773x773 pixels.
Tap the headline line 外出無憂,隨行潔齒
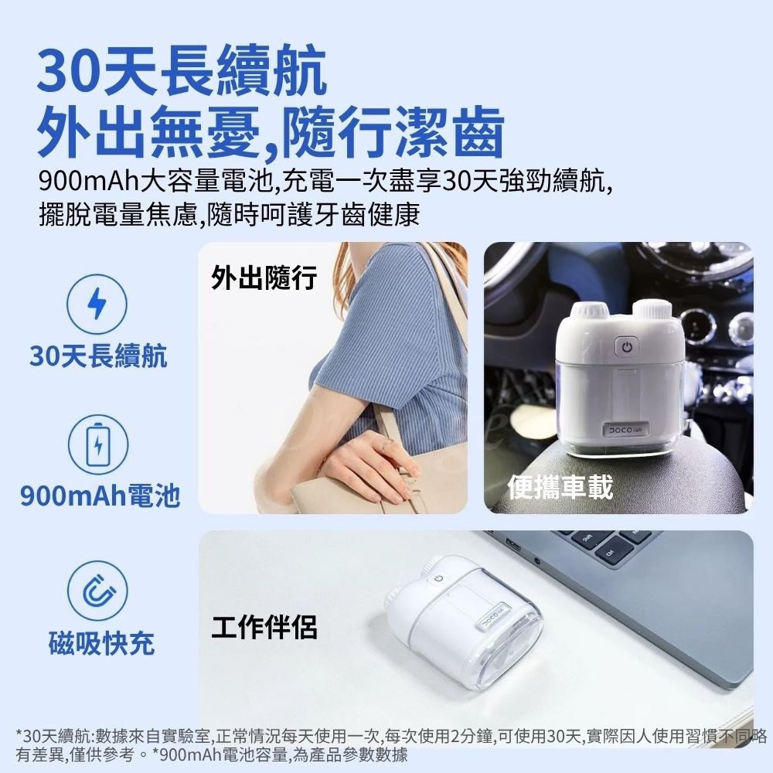click(x=272, y=133)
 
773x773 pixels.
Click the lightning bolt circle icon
click(x=96, y=303)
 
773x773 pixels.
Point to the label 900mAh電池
click(x=100, y=494)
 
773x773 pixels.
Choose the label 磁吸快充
click(x=101, y=642)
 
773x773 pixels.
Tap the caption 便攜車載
click(x=560, y=487)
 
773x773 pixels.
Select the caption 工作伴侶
click(x=264, y=627)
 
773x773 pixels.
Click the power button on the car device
click(x=626, y=348)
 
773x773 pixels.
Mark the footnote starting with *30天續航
click(x=386, y=744)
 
